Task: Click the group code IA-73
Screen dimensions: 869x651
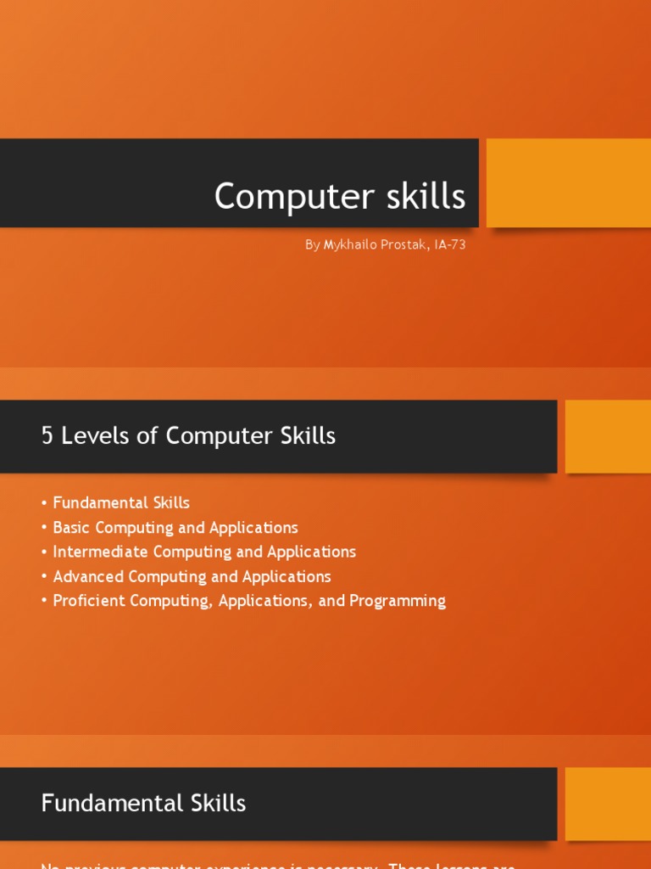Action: [449, 245]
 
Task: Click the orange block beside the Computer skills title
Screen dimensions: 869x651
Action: [568, 182]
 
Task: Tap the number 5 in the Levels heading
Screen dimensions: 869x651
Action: [47, 436]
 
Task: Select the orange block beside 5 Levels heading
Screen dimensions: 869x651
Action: [608, 436]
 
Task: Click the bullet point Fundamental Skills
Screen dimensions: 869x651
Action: [121, 503]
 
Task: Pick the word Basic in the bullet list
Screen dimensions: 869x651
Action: [70, 528]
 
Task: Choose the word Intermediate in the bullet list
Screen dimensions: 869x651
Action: [98, 552]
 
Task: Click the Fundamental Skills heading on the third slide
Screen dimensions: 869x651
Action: [143, 803]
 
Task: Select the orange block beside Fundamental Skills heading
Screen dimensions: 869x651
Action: [608, 804]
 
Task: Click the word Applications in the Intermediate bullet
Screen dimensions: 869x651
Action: [311, 552]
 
